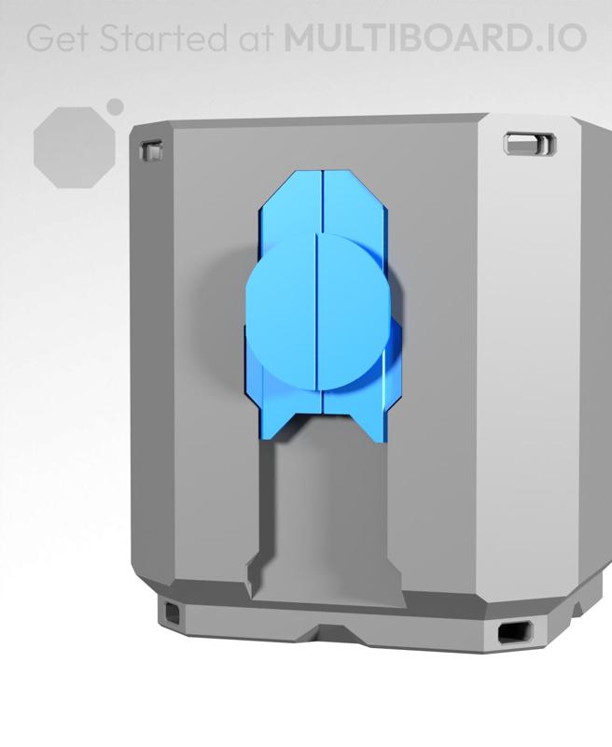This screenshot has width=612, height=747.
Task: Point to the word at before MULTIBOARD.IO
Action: tap(253, 38)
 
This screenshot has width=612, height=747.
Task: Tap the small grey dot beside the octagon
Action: tap(116, 106)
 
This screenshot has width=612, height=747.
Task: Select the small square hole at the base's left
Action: tap(174, 612)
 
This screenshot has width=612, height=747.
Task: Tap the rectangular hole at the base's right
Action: tap(515, 632)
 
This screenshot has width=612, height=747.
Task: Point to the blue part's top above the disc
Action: tap(323, 202)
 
